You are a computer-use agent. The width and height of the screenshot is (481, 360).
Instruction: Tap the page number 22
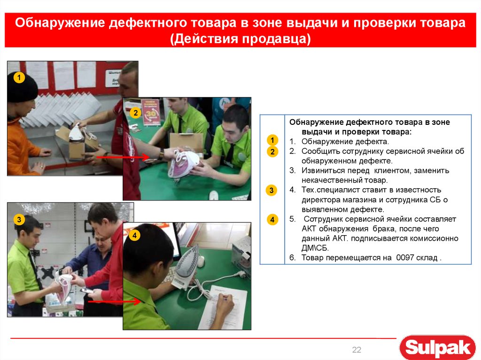[x=357, y=350]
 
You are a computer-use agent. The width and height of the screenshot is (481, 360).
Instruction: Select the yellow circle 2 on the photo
[x=135, y=113]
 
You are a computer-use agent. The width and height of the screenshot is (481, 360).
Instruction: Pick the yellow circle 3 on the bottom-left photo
[x=19, y=220]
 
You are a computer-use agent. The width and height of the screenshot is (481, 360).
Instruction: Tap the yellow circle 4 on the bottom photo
[x=135, y=236]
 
